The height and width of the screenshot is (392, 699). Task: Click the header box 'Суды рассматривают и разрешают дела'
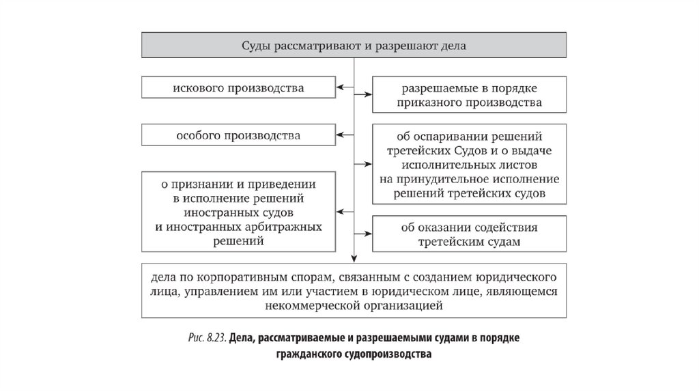[354, 46]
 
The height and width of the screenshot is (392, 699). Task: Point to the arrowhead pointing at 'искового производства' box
[339, 88]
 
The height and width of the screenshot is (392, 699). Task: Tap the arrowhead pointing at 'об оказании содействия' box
[368, 234]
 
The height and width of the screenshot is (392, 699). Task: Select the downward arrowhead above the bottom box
[354, 258]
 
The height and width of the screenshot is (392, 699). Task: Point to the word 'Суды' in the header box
[257, 46]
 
